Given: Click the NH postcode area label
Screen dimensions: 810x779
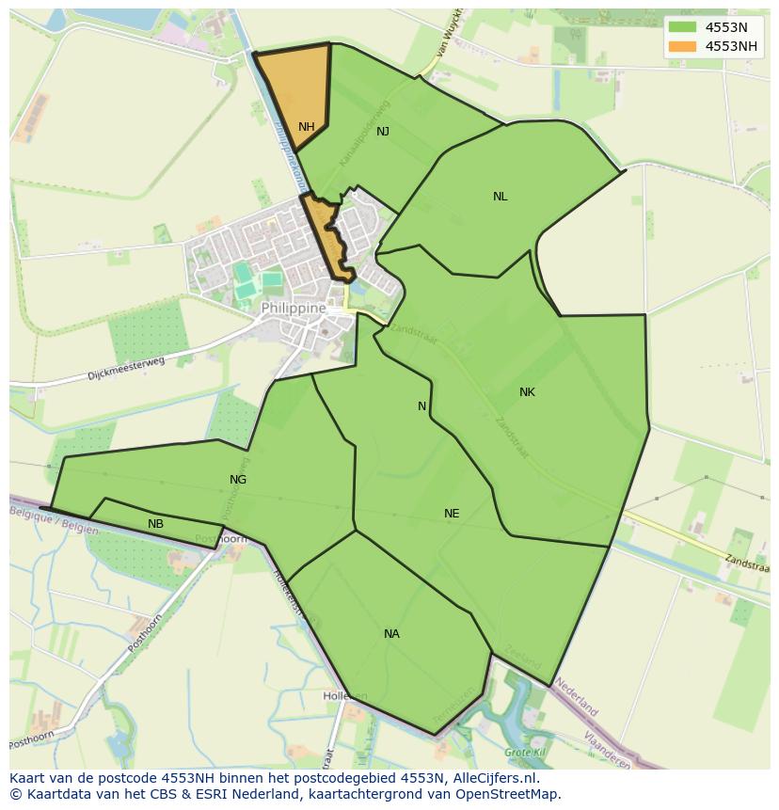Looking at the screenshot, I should [307, 127].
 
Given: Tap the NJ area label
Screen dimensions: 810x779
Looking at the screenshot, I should [383, 132].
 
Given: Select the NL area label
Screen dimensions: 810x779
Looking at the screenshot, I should [500, 197].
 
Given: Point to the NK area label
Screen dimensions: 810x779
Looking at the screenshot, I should [527, 392].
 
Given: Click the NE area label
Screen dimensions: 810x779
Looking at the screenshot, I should [452, 514].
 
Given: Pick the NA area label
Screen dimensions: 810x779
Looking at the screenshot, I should [391, 634].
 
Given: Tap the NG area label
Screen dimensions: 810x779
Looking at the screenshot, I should [238, 480].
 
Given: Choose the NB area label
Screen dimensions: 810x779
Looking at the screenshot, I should [155, 524].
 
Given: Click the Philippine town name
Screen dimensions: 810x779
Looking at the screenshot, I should [294, 308].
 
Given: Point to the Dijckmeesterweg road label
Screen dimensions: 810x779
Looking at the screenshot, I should [126, 368].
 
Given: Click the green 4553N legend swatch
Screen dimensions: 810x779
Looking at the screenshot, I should [682, 27].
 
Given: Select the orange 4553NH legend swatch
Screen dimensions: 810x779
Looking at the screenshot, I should [682, 46].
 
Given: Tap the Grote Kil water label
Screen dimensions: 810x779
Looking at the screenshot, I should [524, 753].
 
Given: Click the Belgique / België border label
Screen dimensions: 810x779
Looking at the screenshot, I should [55, 520].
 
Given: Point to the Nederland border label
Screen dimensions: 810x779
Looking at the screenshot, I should [576, 694].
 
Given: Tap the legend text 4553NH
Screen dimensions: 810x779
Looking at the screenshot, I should [732, 46].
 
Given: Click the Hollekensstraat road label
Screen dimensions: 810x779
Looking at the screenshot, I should [288, 591].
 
